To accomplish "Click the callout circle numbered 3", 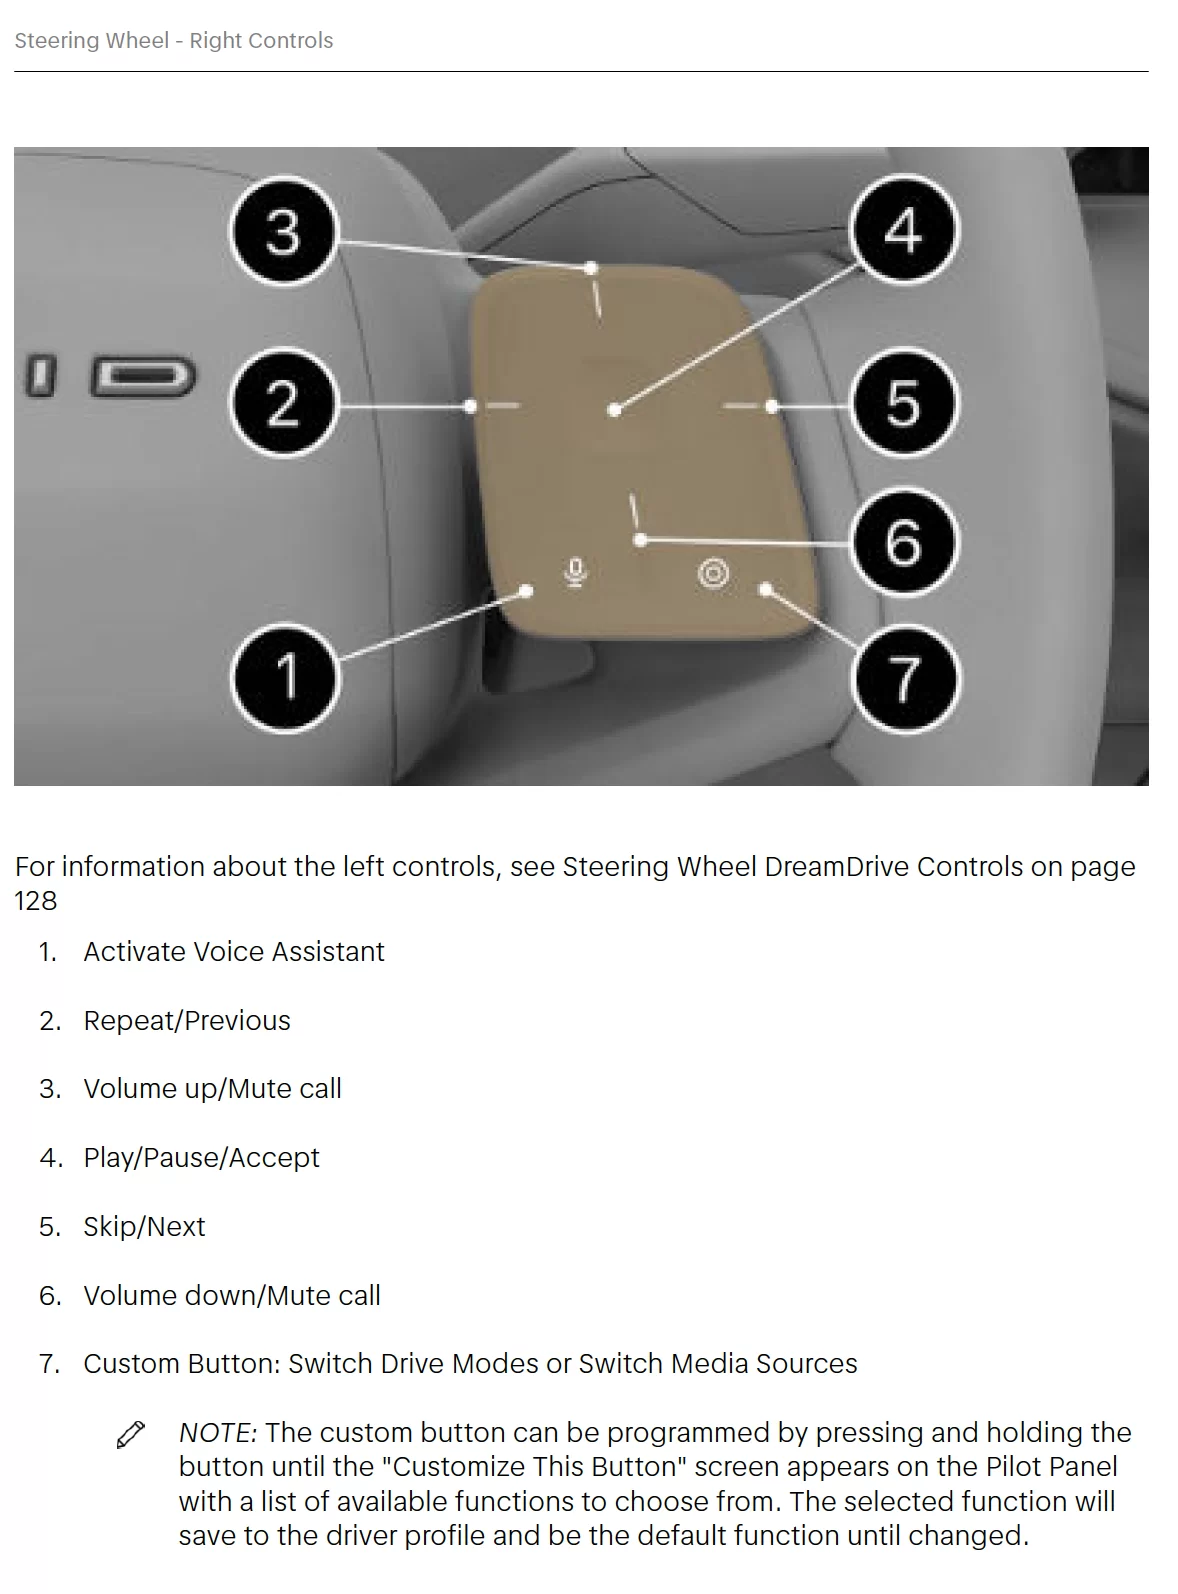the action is point(283,231).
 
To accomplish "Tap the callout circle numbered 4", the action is point(903,230).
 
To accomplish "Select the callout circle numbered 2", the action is point(283,402).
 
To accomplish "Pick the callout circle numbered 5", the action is point(903,402).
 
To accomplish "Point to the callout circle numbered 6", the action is point(903,542).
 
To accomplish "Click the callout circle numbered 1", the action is point(285,677).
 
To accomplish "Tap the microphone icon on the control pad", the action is point(575,573).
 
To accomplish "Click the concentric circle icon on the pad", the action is point(713,573).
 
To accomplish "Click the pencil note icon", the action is point(131,1434).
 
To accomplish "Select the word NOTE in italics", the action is point(218,1432).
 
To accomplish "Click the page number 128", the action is point(36,900).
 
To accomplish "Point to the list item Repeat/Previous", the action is point(187,1020).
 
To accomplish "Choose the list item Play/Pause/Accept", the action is point(201,1157).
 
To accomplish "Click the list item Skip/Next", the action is point(144,1226).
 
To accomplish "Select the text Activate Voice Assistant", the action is point(234,951).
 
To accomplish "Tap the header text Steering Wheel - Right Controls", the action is point(174,40).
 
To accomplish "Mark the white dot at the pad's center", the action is point(615,410).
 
